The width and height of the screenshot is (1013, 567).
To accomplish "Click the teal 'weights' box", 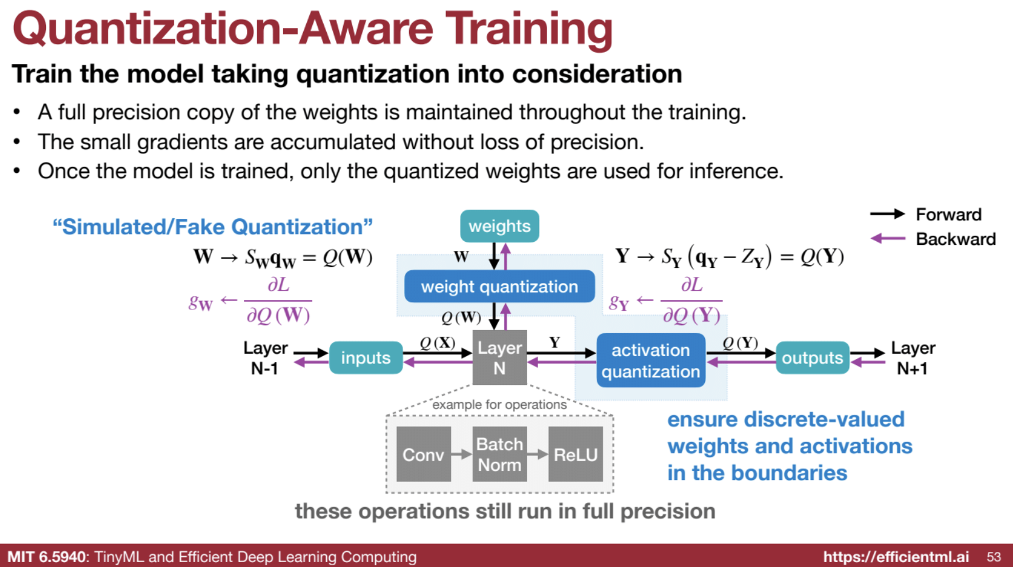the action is pyautogui.click(x=499, y=226).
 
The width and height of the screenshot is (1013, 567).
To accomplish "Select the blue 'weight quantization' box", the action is pyautogui.click(x=499, y=287).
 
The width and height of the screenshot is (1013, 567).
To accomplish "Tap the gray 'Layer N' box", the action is pyautogui.click(x=499, y=357).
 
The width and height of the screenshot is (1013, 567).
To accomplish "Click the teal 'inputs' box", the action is pyautogui.click(x=366, y=357).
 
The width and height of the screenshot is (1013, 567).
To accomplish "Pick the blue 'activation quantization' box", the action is pyautogui.click(x=651, y=360).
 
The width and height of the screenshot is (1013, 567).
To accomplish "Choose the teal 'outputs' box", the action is pyautogui.click(x=812, y=357).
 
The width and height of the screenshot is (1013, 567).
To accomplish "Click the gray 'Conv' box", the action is pyautogui.click(x=423, y=454).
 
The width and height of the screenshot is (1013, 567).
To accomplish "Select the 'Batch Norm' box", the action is pyautogui.click(x=499, y=454).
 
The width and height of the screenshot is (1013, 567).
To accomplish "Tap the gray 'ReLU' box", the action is pyautogui.click(x=575, y=454).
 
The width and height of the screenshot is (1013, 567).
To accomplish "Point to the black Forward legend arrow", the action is pyautogui.click(x=887, y=214).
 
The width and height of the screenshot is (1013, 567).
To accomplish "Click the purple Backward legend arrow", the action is pyautogui.click(x=888, y=239).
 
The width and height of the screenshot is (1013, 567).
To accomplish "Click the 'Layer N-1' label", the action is pyautogui.click(x=266, y=358).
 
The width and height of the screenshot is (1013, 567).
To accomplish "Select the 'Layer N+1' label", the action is pyautogui.click(x=913, y=358).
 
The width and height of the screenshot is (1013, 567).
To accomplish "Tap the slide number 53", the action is pyautogui.click(x=994, y=557).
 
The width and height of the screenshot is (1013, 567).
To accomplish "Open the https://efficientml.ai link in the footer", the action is pyautogui.click(x=896, y=557).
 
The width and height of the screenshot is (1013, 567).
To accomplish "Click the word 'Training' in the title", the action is pyautogui.click(x=529, y=30).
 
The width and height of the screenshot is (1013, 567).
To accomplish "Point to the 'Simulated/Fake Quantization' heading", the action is pyautogui.click(x=212, y=226).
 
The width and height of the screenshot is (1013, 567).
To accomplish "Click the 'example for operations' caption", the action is pyautogui.click(x=499, y=404).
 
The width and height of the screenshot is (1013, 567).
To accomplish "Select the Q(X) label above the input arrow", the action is pyautogui.click(x=438, y=343).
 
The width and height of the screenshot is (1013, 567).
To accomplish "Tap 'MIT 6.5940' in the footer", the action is pyautogui.click(x=46, y=557).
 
